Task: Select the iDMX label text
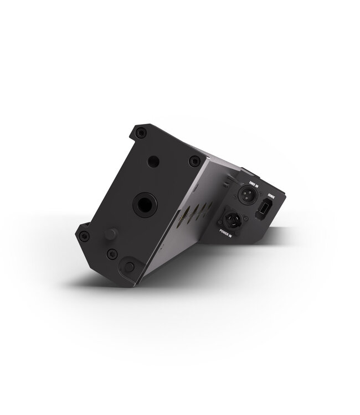coord(272,195)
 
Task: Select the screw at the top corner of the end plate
coord(142,132)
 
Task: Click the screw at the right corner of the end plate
coord(194,161)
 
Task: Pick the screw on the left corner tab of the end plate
coord(84,236)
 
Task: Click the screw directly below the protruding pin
coord(112,254)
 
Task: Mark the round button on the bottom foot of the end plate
coord(128,267)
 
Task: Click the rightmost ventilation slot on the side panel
coord(210,205)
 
